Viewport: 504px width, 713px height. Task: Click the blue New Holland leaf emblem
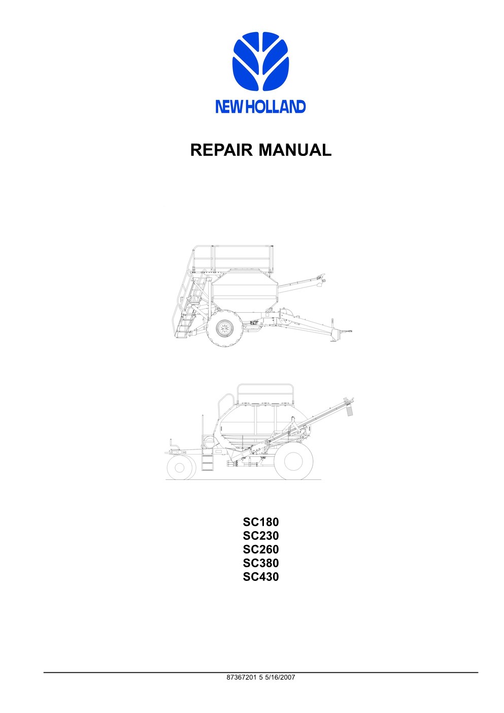pyautogui.click(x=260, y=61)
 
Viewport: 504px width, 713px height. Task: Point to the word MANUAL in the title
pyautogui.click(x=295, y=150)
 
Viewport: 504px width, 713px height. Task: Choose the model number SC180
pyautogui.click(x=260, y=522)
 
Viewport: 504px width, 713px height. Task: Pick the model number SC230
pyautogui.click(x=260, y=536)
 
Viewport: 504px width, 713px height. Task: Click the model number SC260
pyautogui.click(x=260, y=549)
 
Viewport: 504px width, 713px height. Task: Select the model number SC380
pyautogui.click(x=260, y=563)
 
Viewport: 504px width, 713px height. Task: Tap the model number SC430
pyautogui.click(x=260, y=577)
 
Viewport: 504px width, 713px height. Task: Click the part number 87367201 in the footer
pyautogui.click(x=241, y=677)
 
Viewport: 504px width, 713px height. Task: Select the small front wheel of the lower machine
pyautogui.click(x=181, y=467)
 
